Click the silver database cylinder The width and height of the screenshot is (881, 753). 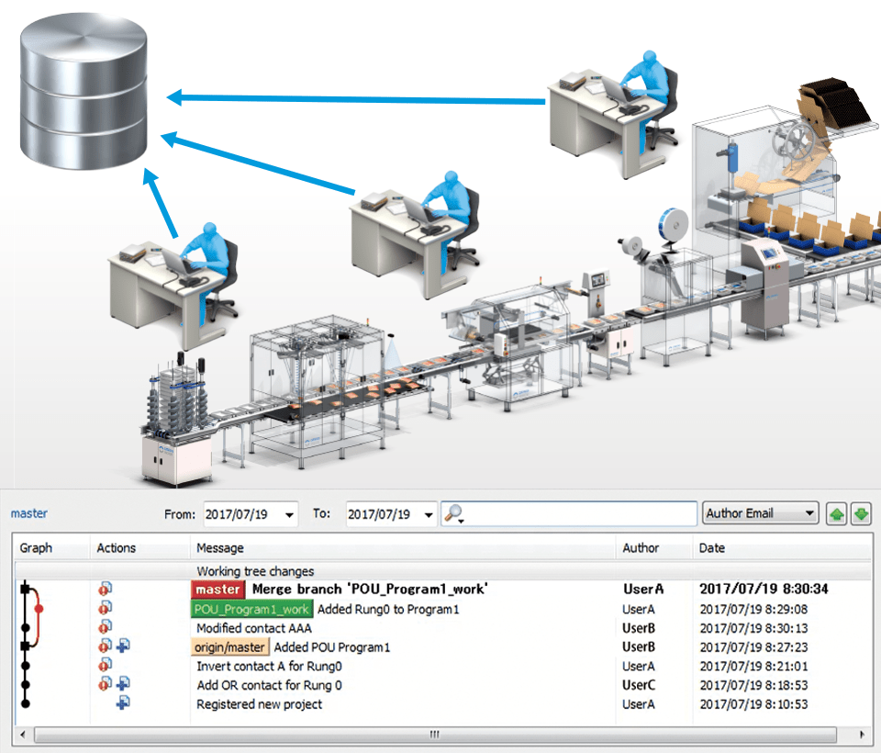84,91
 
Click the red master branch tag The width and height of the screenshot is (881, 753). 218,590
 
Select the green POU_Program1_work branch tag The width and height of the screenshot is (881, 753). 251,609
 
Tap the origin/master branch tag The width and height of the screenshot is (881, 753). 229,647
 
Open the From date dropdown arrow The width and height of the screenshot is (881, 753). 289,514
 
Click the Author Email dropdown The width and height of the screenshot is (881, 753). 760,513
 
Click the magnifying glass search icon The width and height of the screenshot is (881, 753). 453,513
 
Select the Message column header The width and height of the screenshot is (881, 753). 220,547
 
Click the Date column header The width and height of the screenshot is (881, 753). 712,547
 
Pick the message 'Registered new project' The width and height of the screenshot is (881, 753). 259,704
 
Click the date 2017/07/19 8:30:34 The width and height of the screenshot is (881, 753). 764,589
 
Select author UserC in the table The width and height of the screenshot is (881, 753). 639,685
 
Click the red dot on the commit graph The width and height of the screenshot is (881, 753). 39,609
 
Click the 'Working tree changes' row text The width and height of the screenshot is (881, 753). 255,571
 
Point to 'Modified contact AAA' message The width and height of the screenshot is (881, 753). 254,628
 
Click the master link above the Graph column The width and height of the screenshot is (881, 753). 29,513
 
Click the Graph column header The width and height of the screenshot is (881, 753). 36,547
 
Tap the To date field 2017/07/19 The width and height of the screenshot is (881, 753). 379,514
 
